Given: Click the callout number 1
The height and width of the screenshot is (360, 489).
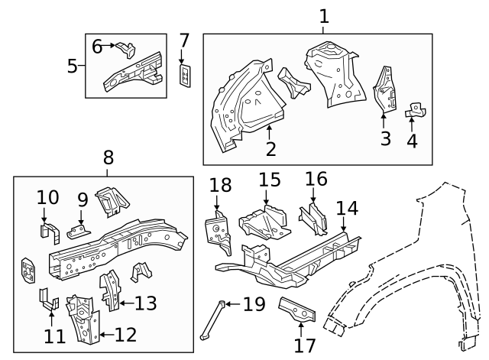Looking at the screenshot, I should click(x=324, y=15).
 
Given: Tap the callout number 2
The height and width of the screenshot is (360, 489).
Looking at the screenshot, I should click(x=271, y=148).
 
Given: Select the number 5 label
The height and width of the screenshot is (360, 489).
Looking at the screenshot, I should click(x=73, y=66).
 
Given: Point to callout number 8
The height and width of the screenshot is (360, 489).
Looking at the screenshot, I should click(x=108, y=158).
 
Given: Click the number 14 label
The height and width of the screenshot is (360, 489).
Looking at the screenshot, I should click(x=347, y=207).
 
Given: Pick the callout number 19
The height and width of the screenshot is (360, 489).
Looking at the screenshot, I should click(x=253, y=304).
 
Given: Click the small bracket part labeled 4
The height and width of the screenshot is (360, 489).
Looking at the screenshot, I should click(x=415, y=112).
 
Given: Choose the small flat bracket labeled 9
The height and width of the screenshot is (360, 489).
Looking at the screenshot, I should click(x=78, y=232).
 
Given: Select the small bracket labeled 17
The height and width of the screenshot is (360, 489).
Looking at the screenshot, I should click(x=296, y=309).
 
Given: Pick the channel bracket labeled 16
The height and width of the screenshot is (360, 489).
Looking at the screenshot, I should click(x=313, y=217).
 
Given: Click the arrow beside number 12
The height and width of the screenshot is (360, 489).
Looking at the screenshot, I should click(x=105, y=334).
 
